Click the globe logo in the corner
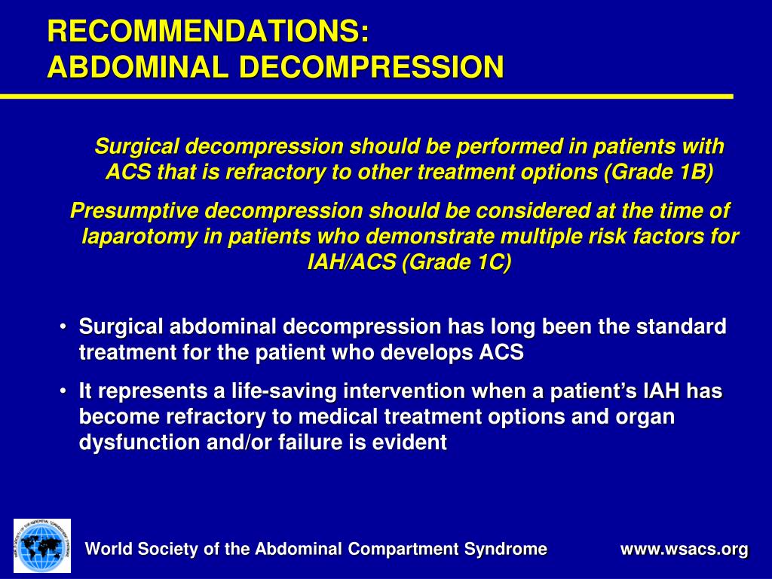42,545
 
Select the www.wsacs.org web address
684,550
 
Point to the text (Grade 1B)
657,172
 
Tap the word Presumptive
133,211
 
